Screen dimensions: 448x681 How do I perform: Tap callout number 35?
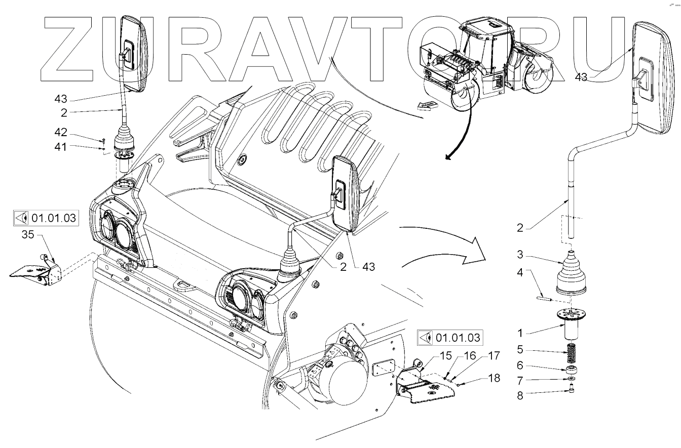tap(29, 234)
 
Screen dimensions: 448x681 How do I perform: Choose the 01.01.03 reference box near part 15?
tap(449, 336)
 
